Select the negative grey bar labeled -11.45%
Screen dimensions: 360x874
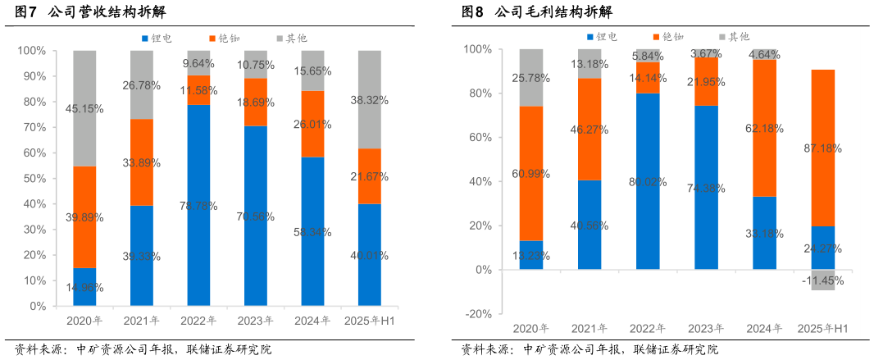pyautogui.click(x=823, y=280)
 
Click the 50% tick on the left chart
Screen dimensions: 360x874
pyautogui.click(x=33, y=179)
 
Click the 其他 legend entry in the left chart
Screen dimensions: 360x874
pyautogui.click(x=290, y=39)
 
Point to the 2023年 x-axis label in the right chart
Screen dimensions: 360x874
pyautogui.click(x=706, y=329)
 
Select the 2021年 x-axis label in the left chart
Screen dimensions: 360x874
pyautogui.click(x=142, y=321)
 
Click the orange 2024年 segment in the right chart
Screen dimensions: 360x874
pyautogui.click(x=765, y=127)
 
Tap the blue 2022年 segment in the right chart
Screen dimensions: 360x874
pyautogui.click(x=648, y=180)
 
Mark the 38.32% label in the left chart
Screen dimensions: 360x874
pyautogui.click(x=370, y=100)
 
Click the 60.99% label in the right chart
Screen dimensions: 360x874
pyautogui.click(x=531, y=174)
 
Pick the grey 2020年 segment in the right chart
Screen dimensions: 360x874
pyautogui.click(x=531, y=77)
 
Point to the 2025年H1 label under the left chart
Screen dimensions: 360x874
pyautogui.click(x=370, y=321)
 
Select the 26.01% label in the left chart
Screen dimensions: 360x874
pyautogui.click(x=312, y=125)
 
